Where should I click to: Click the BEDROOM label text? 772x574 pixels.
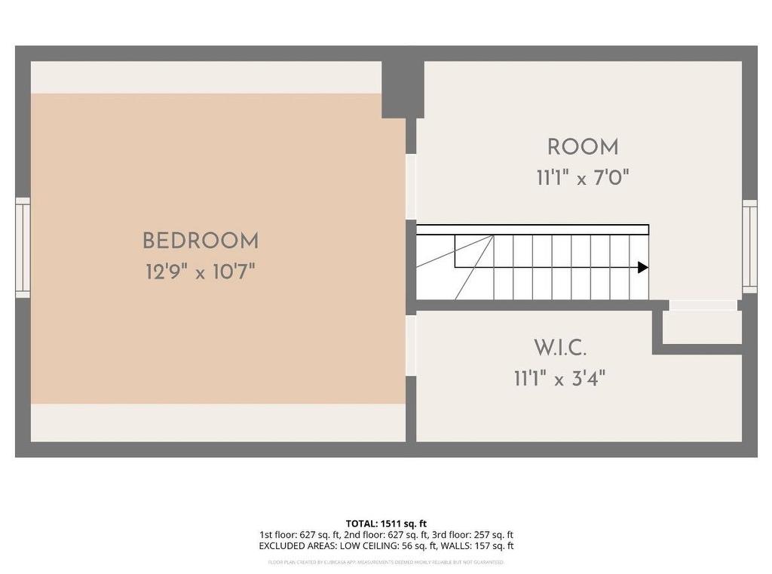click(201, 241)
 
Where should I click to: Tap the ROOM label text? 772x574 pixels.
click(583, 147)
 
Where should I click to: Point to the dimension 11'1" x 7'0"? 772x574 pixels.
click(583, 179)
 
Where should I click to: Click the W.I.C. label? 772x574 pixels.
click(560, 348)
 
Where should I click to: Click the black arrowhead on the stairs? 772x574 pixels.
click(642, 267)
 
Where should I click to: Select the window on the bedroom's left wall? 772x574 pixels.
click(23, 247)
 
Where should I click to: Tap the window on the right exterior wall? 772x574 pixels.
click(749, 246)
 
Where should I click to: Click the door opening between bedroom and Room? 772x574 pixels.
click(411, 186)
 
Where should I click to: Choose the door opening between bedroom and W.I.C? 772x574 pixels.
click(411, 345)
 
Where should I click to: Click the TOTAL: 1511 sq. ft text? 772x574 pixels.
click(386, 523)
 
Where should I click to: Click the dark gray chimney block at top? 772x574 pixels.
click(403, 89)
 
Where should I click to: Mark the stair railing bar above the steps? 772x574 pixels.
click(532, 229)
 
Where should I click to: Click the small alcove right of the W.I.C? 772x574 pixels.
click(702, 327)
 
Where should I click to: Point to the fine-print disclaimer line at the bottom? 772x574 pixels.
click(386, 562)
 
